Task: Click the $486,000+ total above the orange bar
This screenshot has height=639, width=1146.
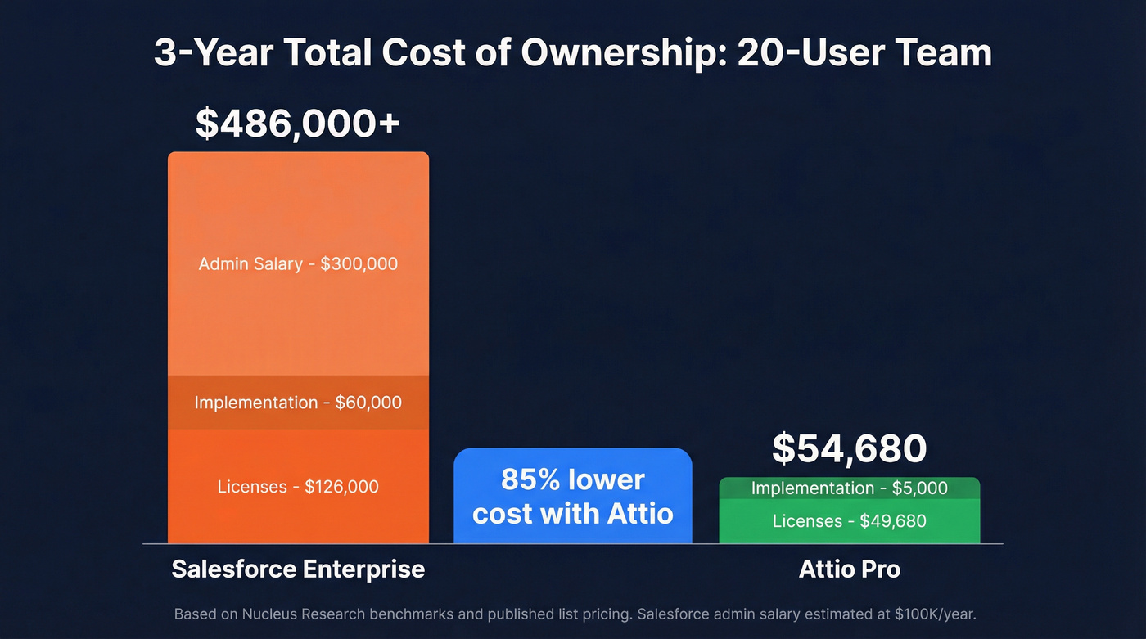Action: pyautogui.click(x=297, y=124)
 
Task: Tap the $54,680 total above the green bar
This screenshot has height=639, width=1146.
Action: pyautogui.click(x=849, y=448)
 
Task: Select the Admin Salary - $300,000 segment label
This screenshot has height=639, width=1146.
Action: pyautogui.click(x=298, y=263)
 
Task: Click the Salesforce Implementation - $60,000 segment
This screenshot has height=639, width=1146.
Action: pyautogui.click(x=298, y=403)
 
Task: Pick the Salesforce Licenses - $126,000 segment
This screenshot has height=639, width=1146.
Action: pyautogui.click(x=298, y=487)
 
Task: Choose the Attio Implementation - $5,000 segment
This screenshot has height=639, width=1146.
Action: pyautogui.click(x=849, y=488)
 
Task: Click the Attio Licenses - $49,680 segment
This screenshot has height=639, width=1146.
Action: pyautogui.click(x=849, y=521)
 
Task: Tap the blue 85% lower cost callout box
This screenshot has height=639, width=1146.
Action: pyautogui.click(x=572, y=496)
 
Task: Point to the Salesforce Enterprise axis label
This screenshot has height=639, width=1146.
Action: pyautogui.click(x=298, y=569)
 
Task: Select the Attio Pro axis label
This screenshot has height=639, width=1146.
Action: pyautogui.click(x=849, y=569)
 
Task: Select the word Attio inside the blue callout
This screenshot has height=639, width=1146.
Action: pyautogui.click(x=640, y=514)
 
